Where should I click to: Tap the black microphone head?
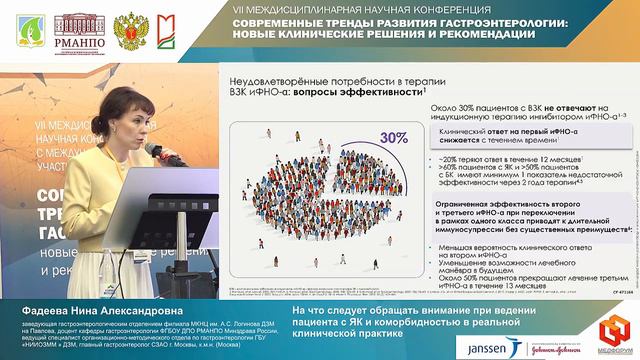(153, 149)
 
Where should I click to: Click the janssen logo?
(484, 343)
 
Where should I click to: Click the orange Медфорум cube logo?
(609, 332)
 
